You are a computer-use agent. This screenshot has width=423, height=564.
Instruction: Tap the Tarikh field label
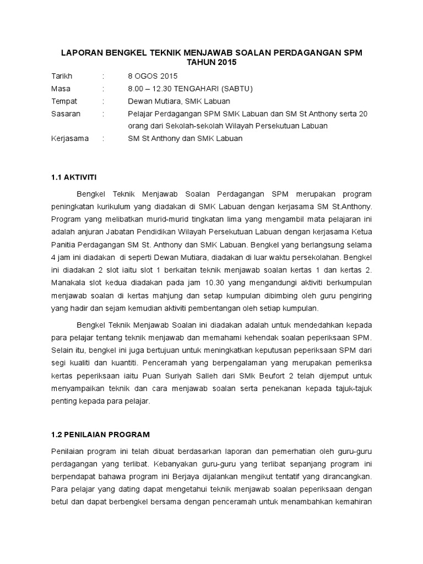coord(62,76)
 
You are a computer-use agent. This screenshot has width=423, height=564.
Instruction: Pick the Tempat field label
coord(64,101)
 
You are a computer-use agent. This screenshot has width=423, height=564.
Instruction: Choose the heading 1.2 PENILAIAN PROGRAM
coord(100,435)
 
